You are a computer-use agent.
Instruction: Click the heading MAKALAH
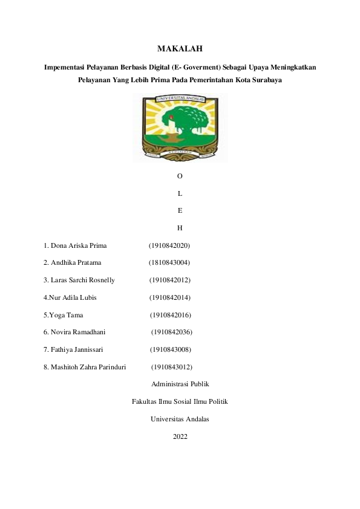180,48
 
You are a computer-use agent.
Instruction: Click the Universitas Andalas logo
180,126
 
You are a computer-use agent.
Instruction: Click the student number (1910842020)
169,246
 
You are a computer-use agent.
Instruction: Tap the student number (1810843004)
169,263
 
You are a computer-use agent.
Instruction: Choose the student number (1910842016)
171,315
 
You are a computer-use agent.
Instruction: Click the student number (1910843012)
172,367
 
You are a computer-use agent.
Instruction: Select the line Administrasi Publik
180,384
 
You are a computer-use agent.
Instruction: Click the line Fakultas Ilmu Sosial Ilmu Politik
180,401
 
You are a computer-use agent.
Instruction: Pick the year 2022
180,436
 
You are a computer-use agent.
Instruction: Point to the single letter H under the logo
180,229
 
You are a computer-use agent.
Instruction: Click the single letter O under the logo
180,176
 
